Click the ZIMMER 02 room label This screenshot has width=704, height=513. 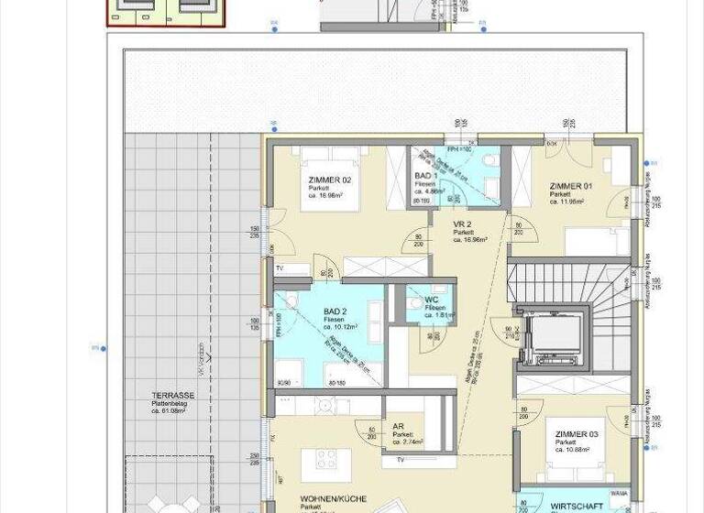[x=329, y=180]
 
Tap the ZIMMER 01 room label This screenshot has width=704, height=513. [x=570, y=186]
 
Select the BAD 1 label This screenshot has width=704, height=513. [x=423, y=175]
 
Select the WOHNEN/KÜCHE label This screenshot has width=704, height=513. [x=332, y=499]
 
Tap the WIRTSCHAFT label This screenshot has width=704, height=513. [x=577, y=505]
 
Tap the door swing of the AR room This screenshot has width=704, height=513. [x=373, y=435]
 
